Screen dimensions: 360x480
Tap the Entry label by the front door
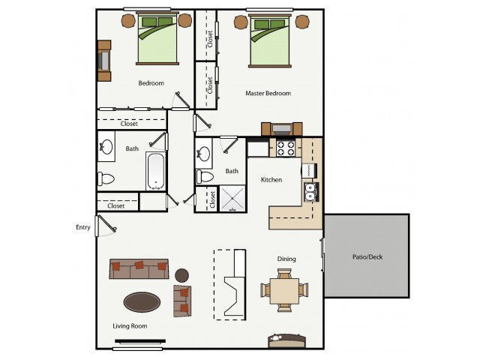[82, 227]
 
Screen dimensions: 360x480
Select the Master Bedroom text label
[268, 94]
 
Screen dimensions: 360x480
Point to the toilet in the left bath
[106, 179]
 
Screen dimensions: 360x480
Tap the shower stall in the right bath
[232, 197]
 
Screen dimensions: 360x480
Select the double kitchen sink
[310, 192]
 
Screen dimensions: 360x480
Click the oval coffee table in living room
[142, 302]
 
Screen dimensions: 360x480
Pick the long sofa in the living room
[139, 268]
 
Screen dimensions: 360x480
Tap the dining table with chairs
[283, 288]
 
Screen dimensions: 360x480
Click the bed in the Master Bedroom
[271, 41]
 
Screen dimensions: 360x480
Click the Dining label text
[286, 259]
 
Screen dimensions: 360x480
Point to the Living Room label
[130, 325]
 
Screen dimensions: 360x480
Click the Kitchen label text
[271, 180]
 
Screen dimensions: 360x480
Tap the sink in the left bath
[106, 148]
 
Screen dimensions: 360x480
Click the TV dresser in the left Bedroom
[103, 61]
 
